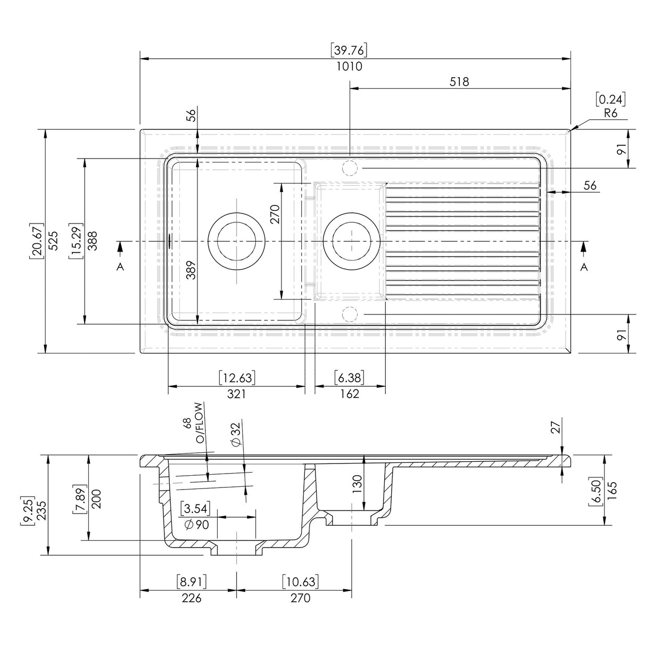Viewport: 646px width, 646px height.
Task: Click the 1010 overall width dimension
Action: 349,67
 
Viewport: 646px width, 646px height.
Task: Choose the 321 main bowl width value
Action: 236,394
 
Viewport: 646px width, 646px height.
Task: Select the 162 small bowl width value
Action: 349,394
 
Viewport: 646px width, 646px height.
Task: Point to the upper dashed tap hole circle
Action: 349,168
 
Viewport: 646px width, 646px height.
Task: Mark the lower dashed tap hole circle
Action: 349,314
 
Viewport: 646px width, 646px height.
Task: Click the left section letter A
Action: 120,267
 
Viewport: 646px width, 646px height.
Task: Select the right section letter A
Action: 584,267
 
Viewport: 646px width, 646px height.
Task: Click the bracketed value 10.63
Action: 300,582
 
